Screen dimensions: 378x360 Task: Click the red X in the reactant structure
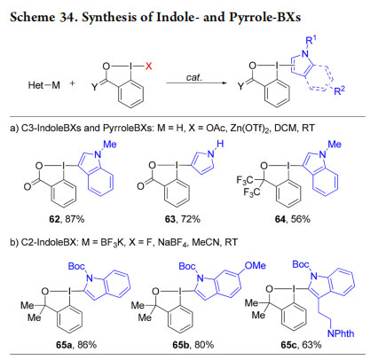pyautogui.click(x=149, y=66)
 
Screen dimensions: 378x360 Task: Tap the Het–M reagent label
pyautogui.click(x=44, y=85)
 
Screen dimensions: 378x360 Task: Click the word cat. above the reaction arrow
pyautogui.click(x=194, y=77)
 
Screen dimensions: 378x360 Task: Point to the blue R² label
pyautogui.click(x=340, y=90)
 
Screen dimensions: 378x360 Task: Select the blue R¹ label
pyautogui.click(x=310, y=41)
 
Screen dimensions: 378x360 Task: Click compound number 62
pyautogui.click(x=54, y=219)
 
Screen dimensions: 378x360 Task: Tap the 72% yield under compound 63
pyautogui.click(x=191, y=219)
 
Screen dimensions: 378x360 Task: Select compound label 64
pyautogui.click(x=280, y=219)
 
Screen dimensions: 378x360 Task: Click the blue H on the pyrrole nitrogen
pyautogui.click(x=220, y=145)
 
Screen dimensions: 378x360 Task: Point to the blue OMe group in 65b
pyautogui.click(x=256, y=265)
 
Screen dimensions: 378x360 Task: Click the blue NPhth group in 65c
pyautogui.click(x=341, y=333)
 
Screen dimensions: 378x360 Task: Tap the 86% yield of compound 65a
pyautogui.click(x=87, y=345)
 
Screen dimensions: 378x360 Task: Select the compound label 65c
pyautogui.click(x=290, y=345)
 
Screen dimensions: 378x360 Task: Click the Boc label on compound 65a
pyautogui.click(x=76, y=266)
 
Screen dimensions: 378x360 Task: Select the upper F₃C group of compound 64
pyautogui.click(x=245, y=180)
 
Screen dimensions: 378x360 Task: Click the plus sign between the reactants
pyautogui.click(x=72, y=83)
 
